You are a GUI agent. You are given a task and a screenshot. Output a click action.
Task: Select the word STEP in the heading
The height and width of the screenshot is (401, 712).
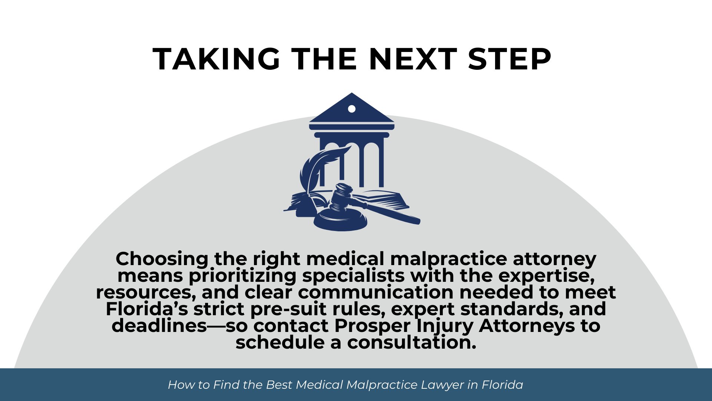(510, 59)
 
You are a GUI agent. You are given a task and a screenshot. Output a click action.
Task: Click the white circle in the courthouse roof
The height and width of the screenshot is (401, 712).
(352, 109)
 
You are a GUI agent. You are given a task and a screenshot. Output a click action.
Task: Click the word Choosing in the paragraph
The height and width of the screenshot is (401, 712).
(162, 259)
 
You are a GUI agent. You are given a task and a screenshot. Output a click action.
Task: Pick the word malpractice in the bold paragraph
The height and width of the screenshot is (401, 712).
(448, 259)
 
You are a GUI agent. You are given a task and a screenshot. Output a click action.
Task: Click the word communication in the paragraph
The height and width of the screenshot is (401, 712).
(376, 293)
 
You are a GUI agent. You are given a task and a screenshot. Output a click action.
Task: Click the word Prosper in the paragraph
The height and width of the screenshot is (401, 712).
(372, 326)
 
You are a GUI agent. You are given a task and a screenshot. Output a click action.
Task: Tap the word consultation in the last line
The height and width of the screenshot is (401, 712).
(412, 342)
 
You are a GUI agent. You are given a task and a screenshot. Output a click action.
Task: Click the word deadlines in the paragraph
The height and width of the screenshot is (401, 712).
(159, 326)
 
